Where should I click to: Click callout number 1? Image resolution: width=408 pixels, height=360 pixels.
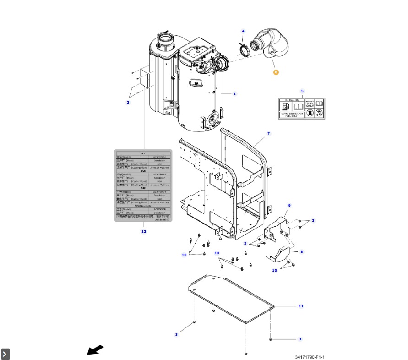pos(234,94)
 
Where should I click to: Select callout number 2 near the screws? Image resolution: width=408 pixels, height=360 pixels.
pos(128,102)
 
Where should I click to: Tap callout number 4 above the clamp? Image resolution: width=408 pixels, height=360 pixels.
pos(243,31)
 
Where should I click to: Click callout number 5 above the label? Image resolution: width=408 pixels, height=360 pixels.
pos(302,91)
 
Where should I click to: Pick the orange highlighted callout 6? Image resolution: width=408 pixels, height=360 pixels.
pos(276,72)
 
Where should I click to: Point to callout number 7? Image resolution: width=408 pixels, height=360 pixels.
pos(269,133)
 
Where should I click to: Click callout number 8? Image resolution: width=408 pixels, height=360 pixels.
pos(302,251)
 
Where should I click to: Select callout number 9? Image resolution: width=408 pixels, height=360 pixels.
pos(289,206)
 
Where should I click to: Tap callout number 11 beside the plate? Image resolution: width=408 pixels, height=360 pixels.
pos(301,306)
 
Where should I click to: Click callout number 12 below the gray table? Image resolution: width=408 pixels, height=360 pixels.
pos(143,231)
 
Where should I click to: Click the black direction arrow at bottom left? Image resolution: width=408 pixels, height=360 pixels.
pos(95,350)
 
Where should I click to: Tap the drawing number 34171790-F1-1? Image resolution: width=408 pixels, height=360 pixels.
pos(310,357)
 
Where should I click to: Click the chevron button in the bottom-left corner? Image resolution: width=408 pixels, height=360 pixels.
pos(5,354)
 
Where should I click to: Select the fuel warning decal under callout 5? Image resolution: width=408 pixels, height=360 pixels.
pos(302,109)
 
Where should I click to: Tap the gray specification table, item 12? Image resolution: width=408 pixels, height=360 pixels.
pos(143,186)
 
